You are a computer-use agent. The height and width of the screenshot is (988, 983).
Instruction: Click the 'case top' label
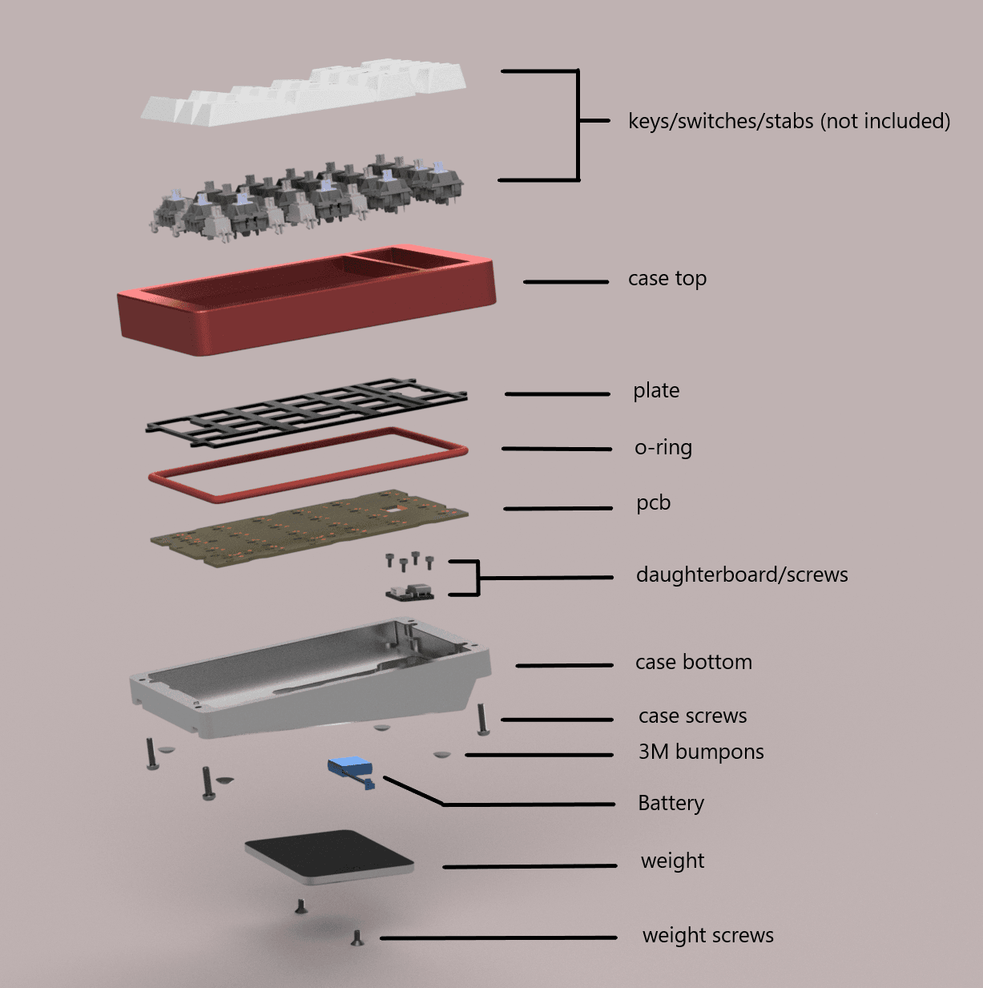click(667, 279)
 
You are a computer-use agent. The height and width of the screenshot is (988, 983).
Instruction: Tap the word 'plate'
click(656, 391)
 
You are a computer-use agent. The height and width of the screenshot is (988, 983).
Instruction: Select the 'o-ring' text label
click(663, 448)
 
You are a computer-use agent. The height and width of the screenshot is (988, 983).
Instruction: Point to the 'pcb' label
click(653, 502)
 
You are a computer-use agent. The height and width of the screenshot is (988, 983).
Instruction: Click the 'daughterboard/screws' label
click(742, 575)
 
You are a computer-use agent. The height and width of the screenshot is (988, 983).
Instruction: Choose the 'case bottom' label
click(693, 662)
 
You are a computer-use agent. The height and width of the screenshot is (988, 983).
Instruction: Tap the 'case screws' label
click(692, 716)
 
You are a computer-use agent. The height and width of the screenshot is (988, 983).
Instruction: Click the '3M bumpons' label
click(701, 752)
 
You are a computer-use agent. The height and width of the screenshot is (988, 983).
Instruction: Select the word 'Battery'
click(671, 803)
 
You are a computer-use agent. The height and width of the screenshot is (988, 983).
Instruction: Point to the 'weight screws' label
click(707, 935)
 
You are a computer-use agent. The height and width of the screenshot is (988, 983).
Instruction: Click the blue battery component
click(351, 772)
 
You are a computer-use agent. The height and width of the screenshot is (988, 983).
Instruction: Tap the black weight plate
click(328, 857)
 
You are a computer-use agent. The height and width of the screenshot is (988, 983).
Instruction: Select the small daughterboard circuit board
click(409, 591)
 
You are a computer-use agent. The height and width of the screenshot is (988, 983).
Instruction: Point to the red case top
click(307, 318)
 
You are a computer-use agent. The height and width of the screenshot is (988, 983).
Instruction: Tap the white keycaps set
click(304, 94)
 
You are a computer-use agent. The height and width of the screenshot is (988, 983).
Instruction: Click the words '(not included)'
click(885, 122)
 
